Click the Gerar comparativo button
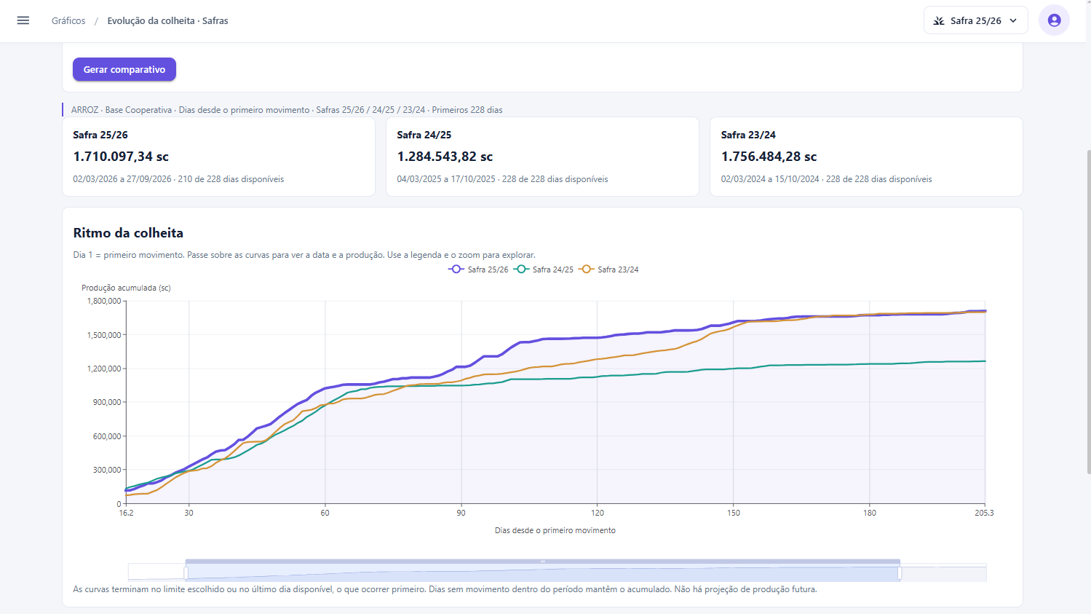[124, 69]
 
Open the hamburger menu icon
[23, 20]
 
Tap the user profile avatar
[1054, 20]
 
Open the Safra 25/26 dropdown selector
[975, 20]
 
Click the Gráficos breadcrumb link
[68, 20]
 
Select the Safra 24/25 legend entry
[544, 269]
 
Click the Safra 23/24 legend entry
[610, 269]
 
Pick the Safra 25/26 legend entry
[479, 269]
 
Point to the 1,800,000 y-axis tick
[104, 301]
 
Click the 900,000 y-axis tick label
[107, 402]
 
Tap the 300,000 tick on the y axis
[107, 470]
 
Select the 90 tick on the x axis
[461, 513]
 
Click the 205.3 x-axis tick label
[984, 513]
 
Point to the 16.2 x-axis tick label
[126, 513]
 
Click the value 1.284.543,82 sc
[445, 157]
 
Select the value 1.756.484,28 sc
[769, 157]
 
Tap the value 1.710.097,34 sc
[121, 157]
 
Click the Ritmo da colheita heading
[128, 233]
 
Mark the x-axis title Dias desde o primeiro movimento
[555, 530]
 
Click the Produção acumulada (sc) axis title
[126, 288]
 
